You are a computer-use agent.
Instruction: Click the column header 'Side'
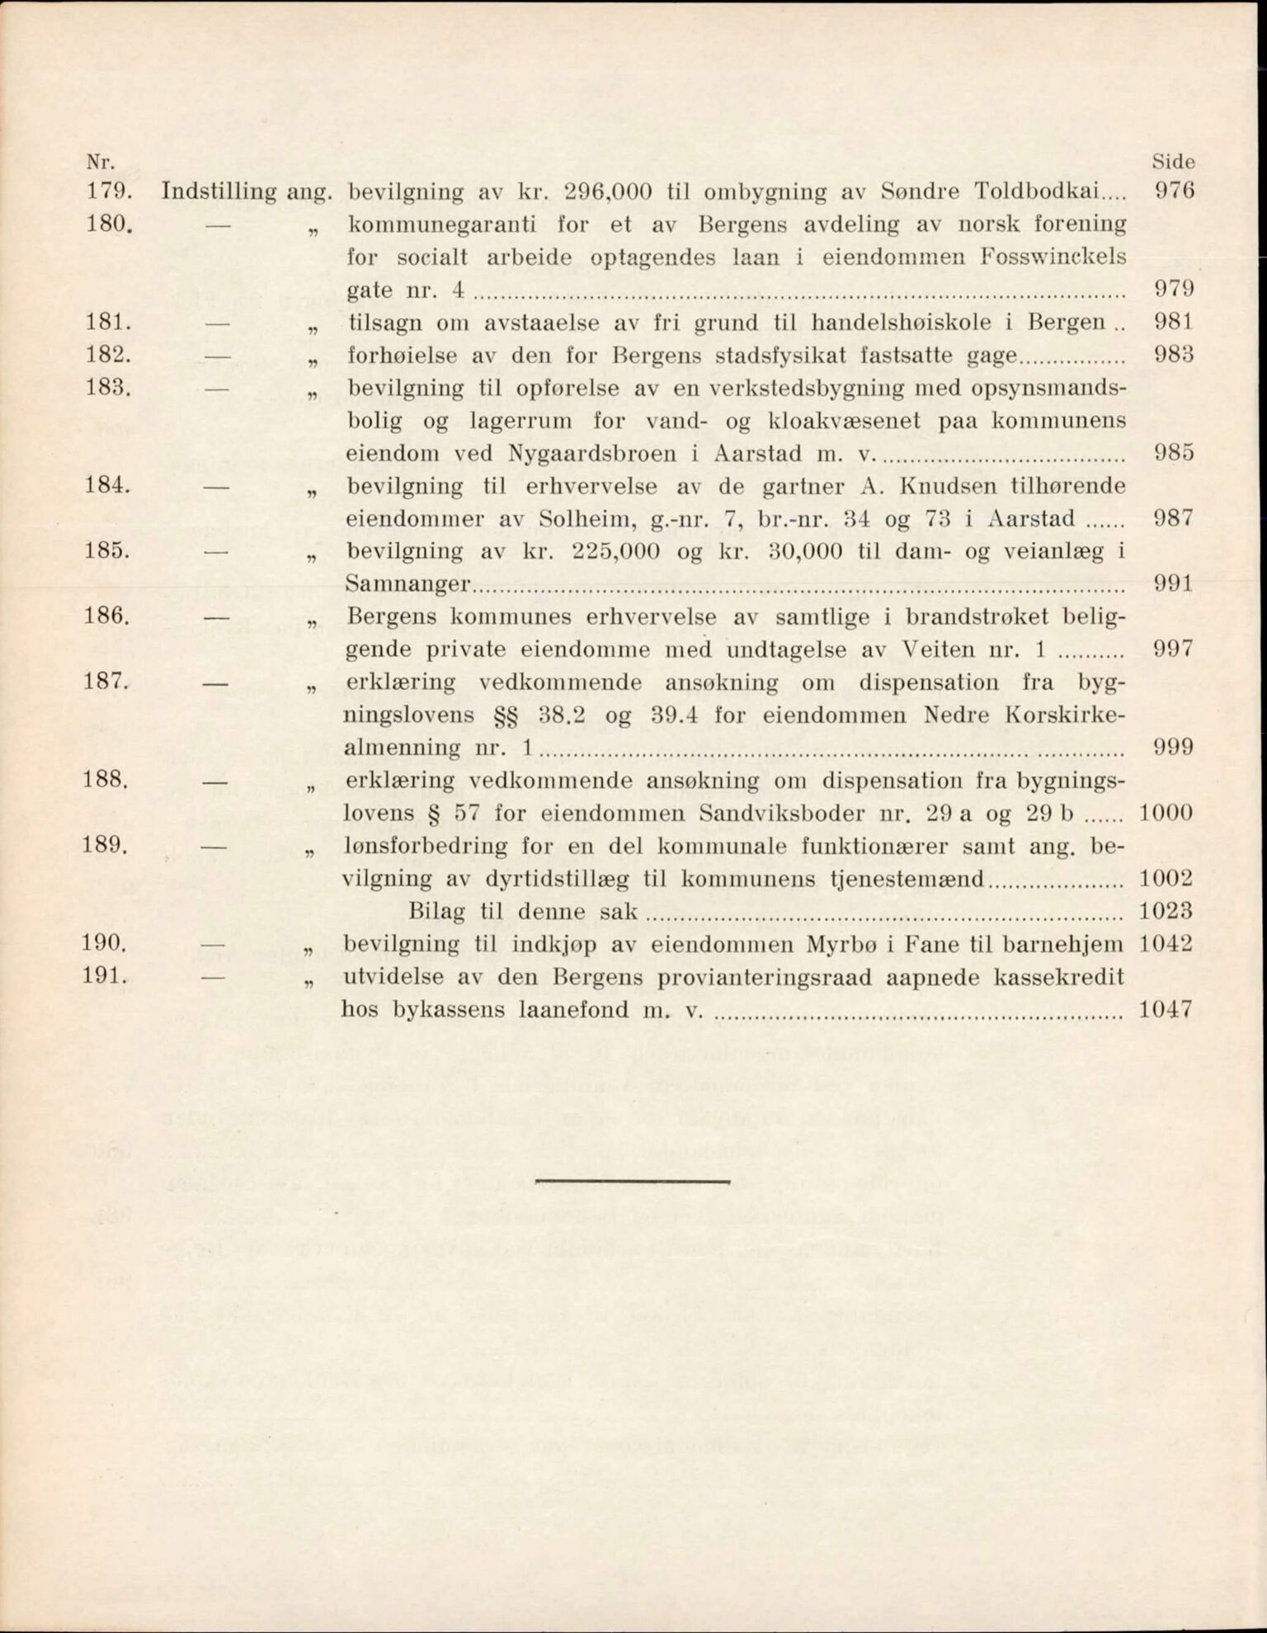pos(1173,163)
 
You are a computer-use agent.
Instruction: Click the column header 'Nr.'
pos(100,162)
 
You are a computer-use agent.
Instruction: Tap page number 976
pos(1174,191)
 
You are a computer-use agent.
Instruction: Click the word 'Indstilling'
pos(219,192)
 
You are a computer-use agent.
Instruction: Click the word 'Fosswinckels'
pos(1053,257)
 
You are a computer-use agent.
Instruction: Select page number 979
pos(1173,290)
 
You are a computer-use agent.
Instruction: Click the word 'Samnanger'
pos(408,584)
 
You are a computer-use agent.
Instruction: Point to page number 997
pos(1173,649)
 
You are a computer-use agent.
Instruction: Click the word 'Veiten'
pos(931,649)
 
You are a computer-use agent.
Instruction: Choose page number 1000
pos(1165,813)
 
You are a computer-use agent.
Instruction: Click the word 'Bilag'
pos(439,912)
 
